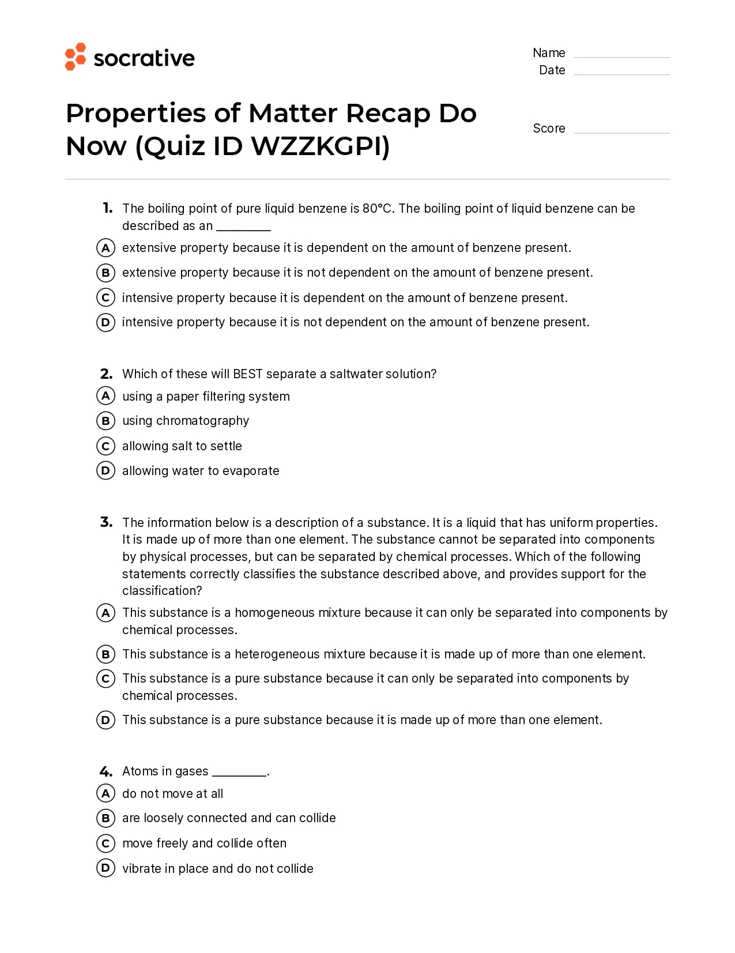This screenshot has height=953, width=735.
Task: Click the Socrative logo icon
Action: tap(76, 56)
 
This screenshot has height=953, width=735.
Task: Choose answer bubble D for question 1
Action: tap(105, 322)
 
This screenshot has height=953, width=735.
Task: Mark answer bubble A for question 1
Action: tap(105, 248)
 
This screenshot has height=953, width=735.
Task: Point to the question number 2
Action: tap(106, 374)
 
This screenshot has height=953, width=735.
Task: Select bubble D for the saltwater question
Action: tap(105, 471)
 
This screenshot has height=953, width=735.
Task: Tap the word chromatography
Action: tap(202, 421)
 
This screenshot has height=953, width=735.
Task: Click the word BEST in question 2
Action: tap(248, 374)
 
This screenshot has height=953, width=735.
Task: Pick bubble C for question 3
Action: tap(105, 679)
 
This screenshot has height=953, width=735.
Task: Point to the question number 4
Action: tap(106, 771)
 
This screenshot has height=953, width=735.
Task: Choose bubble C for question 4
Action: tap(105, 843)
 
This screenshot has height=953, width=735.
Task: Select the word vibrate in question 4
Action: tap(142, 869)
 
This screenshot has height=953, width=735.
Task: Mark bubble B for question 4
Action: tap(105, 818)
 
